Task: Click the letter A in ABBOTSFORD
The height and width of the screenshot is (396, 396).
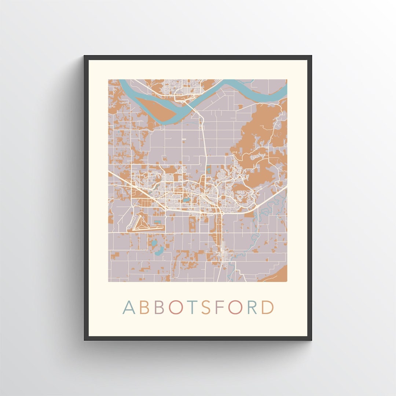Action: click(x=129, y=308)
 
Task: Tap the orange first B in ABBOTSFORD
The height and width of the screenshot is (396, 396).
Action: click(x=144, y=308)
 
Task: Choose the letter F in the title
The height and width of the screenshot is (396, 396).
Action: click(x=220, y=308)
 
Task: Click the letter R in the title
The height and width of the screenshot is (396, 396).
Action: click(x=252, y=308)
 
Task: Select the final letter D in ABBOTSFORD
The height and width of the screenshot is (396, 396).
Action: click(x=268, y=308)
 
